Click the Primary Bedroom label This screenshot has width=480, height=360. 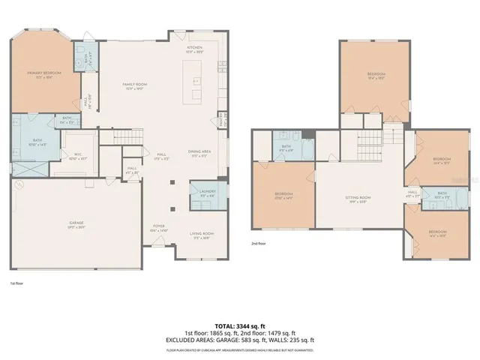43,73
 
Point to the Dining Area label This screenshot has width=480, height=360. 199,152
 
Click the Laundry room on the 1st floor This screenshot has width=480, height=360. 207,193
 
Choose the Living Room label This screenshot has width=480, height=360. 199,235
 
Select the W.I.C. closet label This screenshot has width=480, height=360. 73,136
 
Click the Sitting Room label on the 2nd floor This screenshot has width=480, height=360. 358,199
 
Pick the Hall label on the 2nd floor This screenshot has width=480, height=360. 412,193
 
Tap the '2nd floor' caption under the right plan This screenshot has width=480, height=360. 260,244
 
